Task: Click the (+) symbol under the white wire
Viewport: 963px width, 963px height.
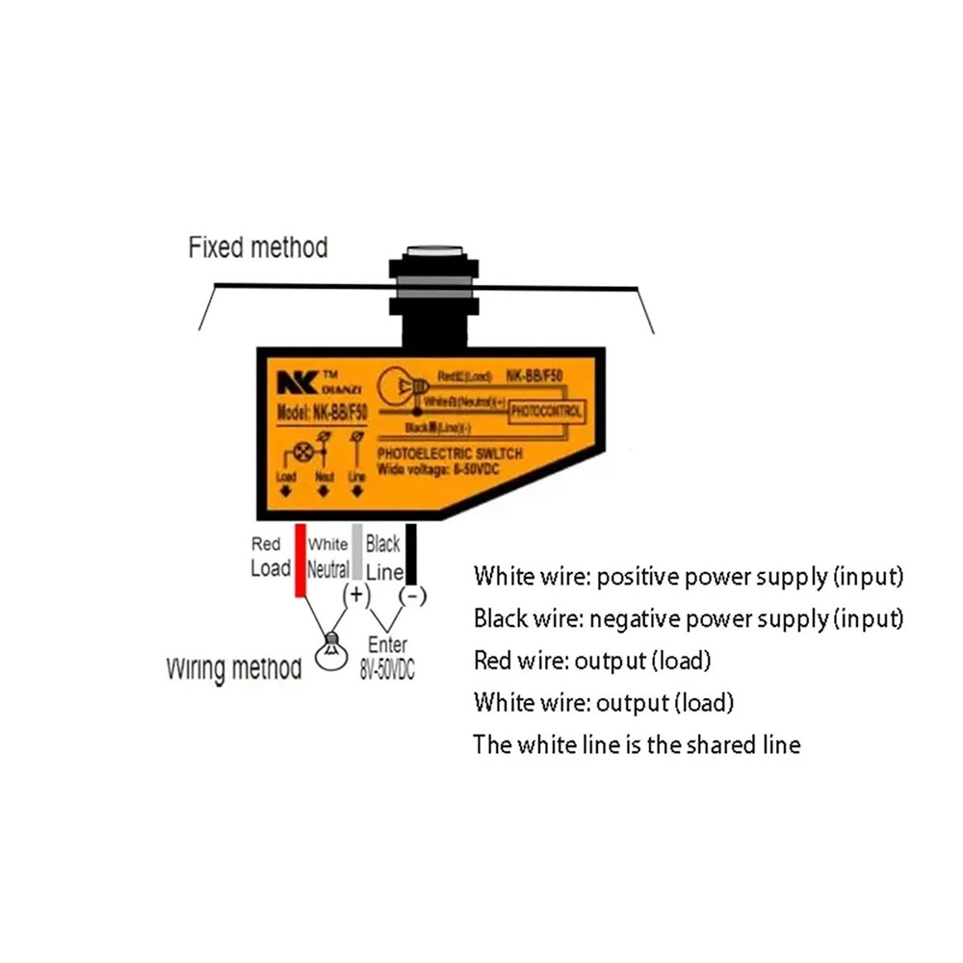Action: pyautogui.click(x=357, y=595)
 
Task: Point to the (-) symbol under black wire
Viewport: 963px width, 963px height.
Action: pyautogui.click(x=412, y=597)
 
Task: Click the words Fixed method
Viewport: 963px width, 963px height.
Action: pyautogui.click(x=257, y=247)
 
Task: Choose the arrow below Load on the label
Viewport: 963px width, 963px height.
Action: pyautogui.click(x=286, y=492)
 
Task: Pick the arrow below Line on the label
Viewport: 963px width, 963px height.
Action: pyautogui.click(x=357, y=492)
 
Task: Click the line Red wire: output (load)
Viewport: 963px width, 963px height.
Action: pyautogui.click(x=591, y=661)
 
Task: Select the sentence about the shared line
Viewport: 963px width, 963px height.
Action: pyautogui.click(x=636, y=744)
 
